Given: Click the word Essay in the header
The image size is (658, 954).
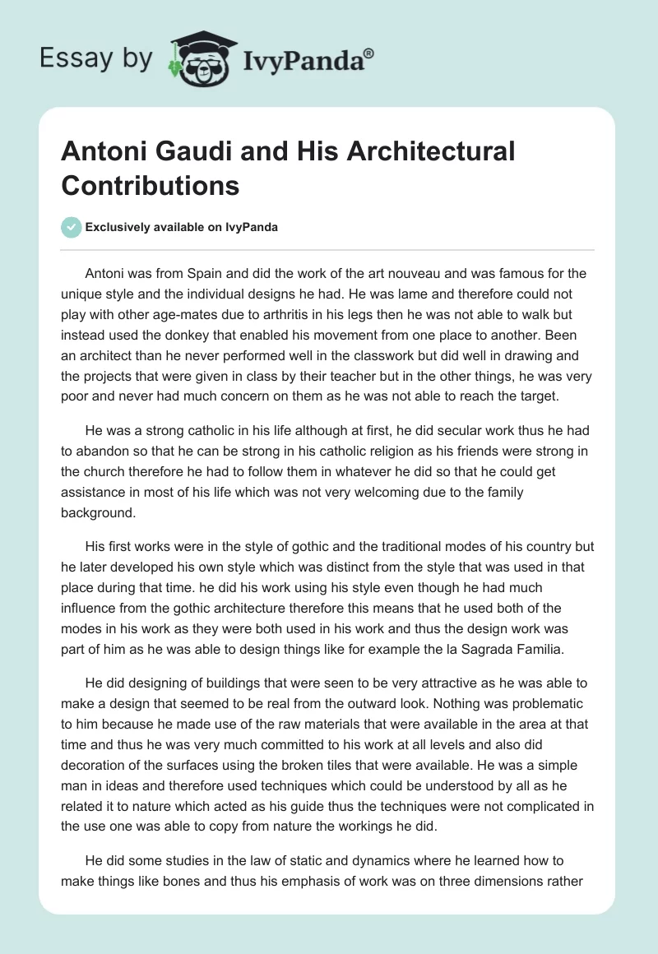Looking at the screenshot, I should pyautogui.click(x=71, y=58).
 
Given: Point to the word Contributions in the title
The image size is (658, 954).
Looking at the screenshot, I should pyautogui.click(x=151, y=185).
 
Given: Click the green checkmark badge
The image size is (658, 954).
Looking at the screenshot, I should pyautogui.click(x=72, y=227).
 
